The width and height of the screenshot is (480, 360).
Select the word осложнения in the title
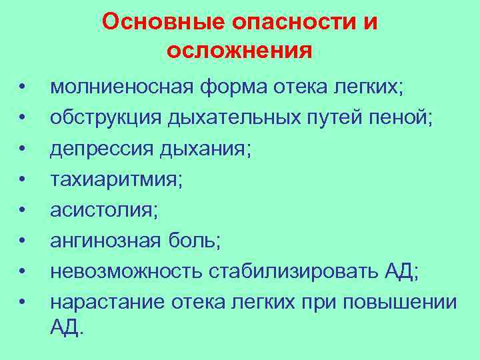240,51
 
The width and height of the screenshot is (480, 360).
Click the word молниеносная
121,87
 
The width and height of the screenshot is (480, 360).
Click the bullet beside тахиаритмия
23,179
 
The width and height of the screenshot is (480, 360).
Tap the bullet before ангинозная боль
23,241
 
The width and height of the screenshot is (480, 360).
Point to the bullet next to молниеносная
23,87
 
